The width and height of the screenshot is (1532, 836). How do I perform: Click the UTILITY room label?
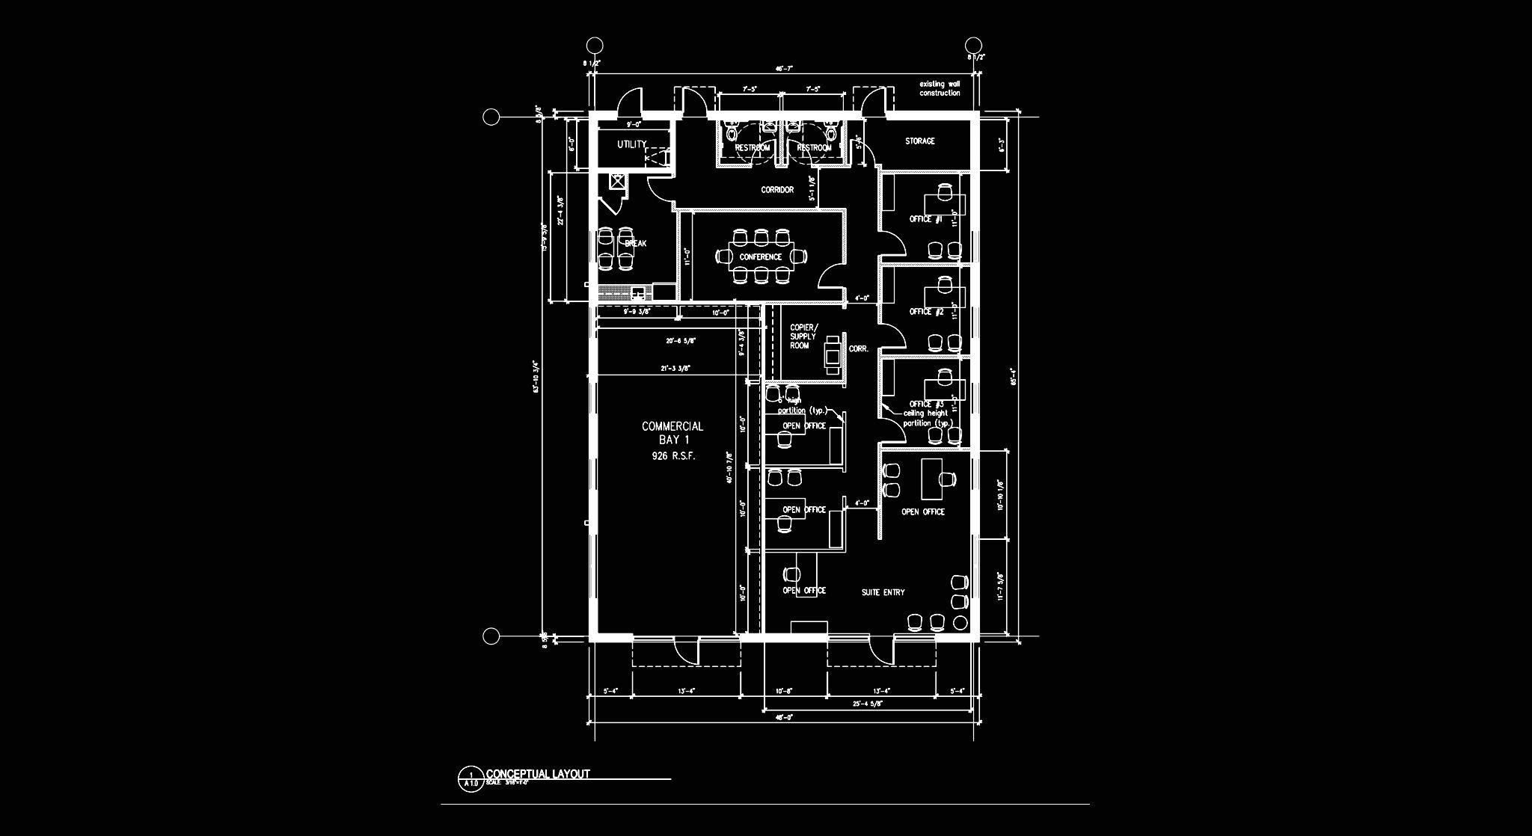pyautogui.click(x=631, y=144)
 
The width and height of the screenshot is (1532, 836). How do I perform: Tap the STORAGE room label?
pyautogui.click(x=919, y=141)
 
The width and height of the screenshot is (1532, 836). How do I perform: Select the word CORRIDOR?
pyautogui.click(x=777, y=190)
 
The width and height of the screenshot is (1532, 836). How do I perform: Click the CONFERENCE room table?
pyautogui.click(x=760, y=256)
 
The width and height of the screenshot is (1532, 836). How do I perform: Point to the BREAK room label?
pyautogui.click(x=635, y=243)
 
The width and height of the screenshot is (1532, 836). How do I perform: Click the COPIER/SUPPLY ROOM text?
pyautogui.click(x=803, y=336)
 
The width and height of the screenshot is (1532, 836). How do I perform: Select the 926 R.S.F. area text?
pyautogui.click(x=673, y=455)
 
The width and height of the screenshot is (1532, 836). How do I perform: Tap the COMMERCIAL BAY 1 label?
pyautogui.click(x=672, y=432)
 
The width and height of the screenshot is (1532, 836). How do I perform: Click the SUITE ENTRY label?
pyautogui.click(x=883, y=592)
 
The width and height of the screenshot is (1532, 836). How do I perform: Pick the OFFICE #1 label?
pyautogui.click(x=925, y=219)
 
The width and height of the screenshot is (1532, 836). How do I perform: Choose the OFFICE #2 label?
pyautogui.click(x=926, y=311)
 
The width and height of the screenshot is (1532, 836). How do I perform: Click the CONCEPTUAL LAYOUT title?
pyautogui.click(x=538, y=774)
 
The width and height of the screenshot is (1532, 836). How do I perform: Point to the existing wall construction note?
pyautogui.click(x=940, y=88)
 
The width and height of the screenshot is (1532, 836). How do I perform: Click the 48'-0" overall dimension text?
pyautogui.click(x=783, y=717)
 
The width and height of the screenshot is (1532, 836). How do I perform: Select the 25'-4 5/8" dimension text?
pyautogui.click(x=868, y=704)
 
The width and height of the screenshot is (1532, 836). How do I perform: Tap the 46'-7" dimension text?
pyautogui.click(x=783, y=68)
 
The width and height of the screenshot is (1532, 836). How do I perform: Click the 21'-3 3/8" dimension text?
pyautogui.click(x=675, y=368)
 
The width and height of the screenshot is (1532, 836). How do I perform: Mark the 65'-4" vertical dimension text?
pyautogui.click(x=1014, y=376)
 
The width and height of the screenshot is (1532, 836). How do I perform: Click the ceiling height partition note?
pyautogui.click(x=926, y=418)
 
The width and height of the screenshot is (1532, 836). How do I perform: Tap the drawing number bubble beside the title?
pyautogui.click(x=471, y=779)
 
